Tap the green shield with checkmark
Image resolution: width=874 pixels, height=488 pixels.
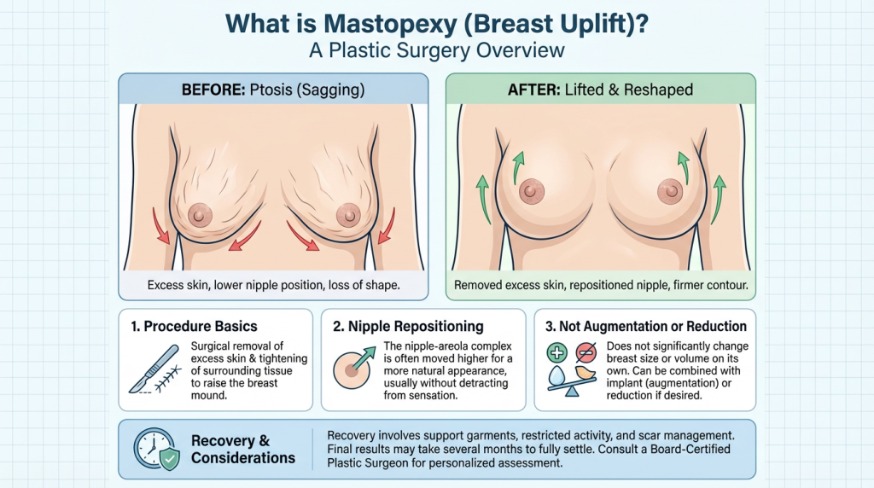pos(170,460)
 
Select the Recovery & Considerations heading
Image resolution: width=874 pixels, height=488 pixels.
pos(243,450)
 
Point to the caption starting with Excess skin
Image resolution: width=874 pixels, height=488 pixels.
pos(272,284)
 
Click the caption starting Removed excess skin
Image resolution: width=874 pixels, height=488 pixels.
pos(601,284)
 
